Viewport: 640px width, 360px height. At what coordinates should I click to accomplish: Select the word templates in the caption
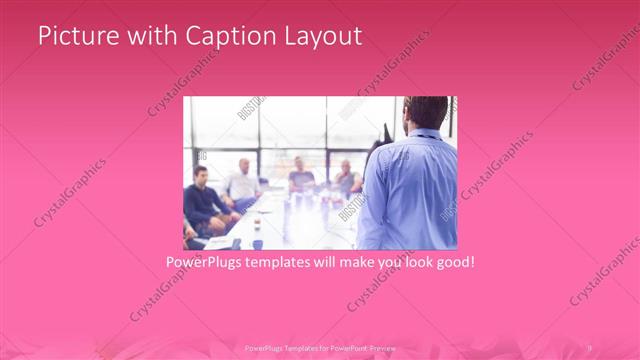tap(294, 264)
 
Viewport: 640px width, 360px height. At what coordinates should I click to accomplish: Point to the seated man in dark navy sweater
tap(204, 200)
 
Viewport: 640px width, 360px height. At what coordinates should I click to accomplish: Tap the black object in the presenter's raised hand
tap(385, 132)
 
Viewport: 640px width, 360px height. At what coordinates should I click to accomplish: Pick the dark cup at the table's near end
tap(256, 243)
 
